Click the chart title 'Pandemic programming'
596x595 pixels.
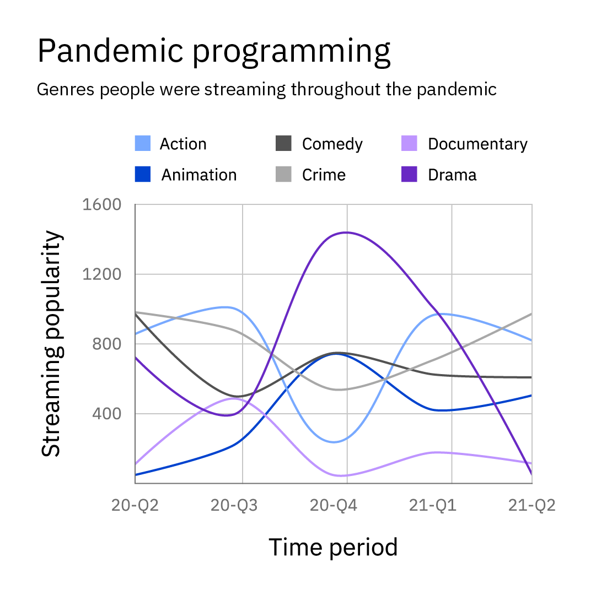(x=214, y=52)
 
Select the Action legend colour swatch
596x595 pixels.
(x=143, y=144)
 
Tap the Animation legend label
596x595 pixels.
(x=198, y=175)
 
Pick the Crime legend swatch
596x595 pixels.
(x=283, y=175)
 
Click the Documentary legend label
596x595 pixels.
(x=477, y=144)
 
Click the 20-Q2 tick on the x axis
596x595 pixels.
(x=135, y=505)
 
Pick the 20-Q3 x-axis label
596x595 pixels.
(x=234, y=505)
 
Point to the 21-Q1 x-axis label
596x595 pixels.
(x=433, y=505)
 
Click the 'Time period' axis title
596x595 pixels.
(x=333, y=547)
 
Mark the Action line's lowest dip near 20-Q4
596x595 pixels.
(x=334, y=442)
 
